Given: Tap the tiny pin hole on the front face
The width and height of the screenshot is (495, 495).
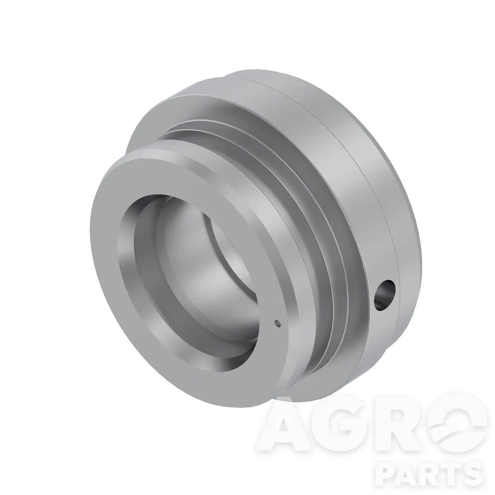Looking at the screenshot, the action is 277,324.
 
